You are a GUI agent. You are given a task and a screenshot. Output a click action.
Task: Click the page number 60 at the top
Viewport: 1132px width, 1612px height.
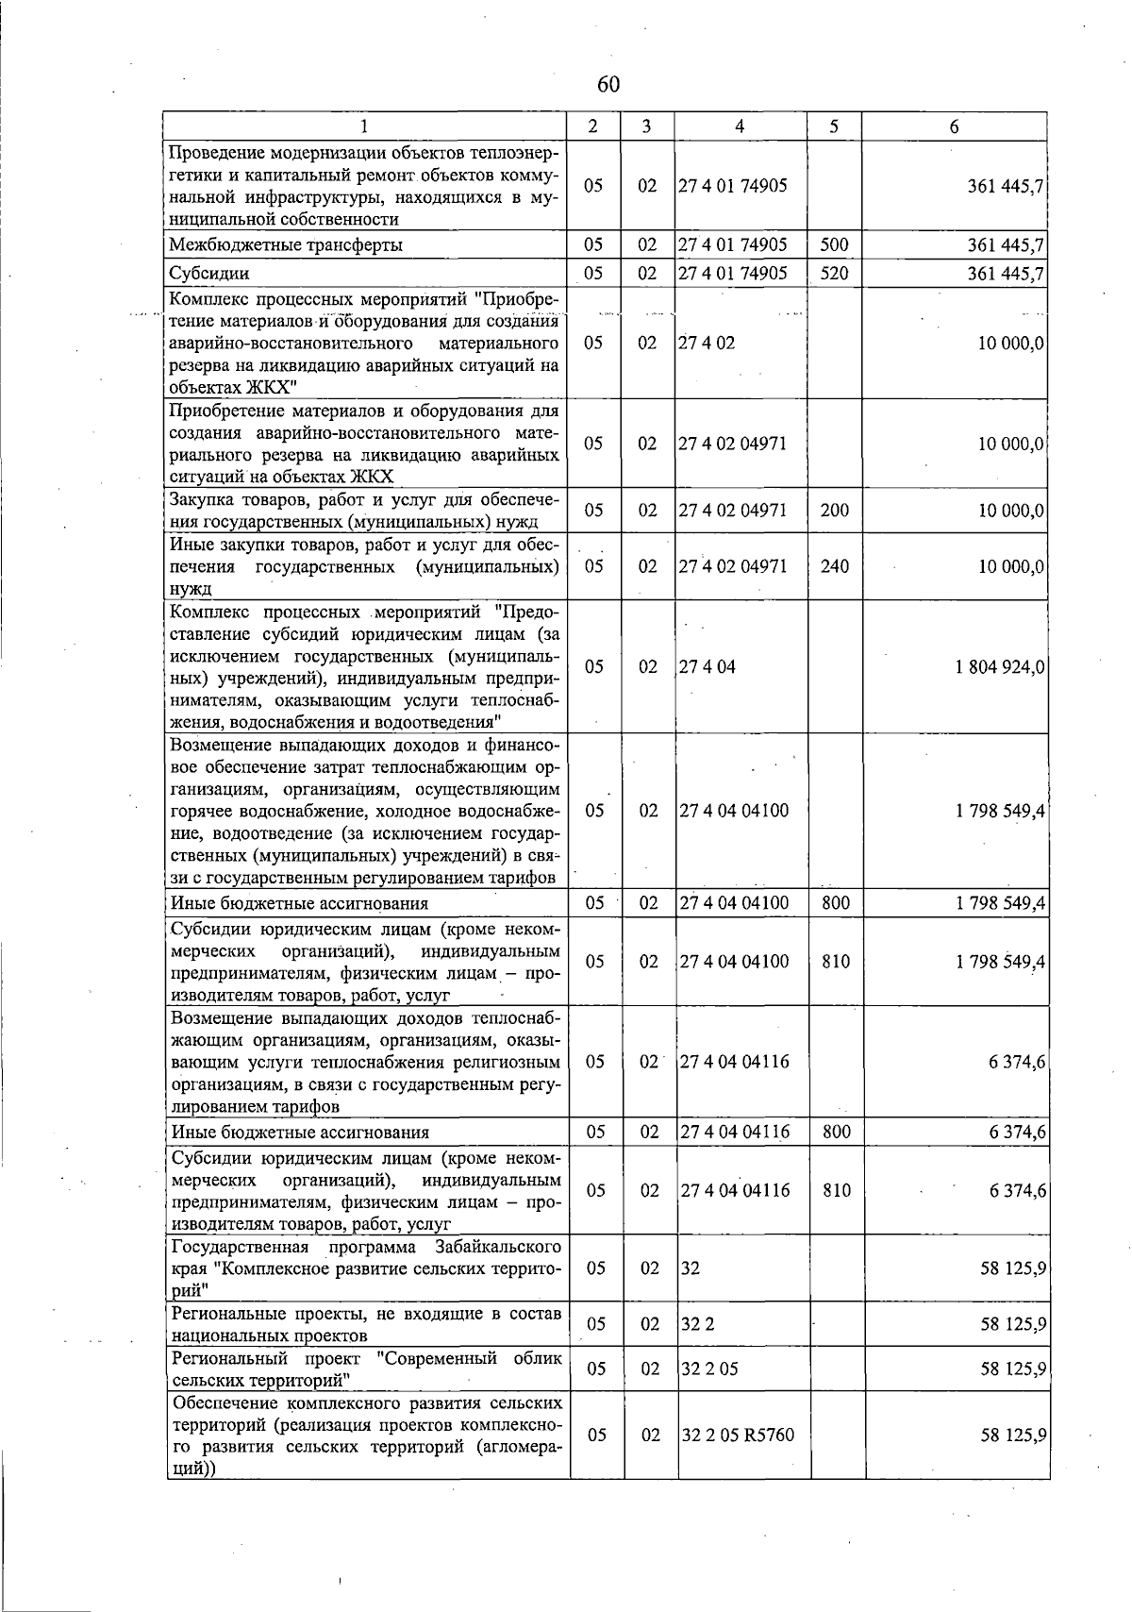coord(608,85)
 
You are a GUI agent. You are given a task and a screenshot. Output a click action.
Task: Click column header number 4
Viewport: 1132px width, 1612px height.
coord(740,126)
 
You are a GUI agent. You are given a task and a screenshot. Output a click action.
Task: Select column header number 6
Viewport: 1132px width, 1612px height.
coord(955,126)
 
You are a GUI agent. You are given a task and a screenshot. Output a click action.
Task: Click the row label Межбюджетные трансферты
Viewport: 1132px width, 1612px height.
coord(286,245)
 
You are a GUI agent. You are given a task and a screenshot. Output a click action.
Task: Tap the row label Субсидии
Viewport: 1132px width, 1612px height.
coord(209,274)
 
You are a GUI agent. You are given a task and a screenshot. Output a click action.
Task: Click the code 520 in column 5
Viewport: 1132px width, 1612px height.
coord(834,274)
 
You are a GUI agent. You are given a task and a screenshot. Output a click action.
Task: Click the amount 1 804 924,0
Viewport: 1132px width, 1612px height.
coord(1000,666)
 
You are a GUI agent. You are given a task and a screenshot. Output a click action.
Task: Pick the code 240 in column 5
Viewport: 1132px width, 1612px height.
coord(834,566)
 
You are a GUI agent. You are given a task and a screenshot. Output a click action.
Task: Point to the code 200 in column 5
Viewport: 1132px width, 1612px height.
coord(834,511)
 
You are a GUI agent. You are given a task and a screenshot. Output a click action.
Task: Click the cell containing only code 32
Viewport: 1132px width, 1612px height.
coord(691,1268)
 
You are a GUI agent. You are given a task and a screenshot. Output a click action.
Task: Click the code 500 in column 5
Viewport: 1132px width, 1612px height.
coord(834,245)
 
